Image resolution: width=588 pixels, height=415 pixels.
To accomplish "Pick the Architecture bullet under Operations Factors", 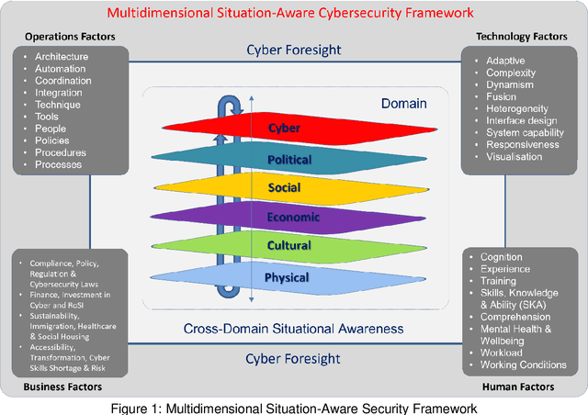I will click(62, 57).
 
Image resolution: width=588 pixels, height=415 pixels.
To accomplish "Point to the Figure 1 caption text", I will click(294, 407).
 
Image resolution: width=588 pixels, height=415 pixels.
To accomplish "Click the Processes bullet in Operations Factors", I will click(59, 164).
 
